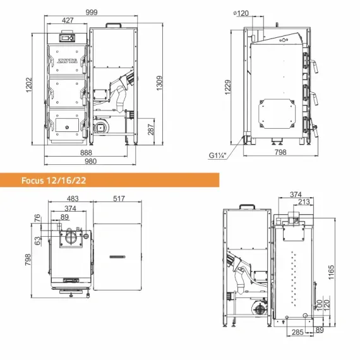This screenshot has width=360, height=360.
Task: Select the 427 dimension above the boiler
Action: point(68,21)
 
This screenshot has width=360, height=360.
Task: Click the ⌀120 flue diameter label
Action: point(241,13)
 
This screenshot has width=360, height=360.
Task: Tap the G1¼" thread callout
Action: point(219,155)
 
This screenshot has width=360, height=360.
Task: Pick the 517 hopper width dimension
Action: point(118,199)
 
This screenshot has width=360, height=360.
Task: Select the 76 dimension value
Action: point(38,218)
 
